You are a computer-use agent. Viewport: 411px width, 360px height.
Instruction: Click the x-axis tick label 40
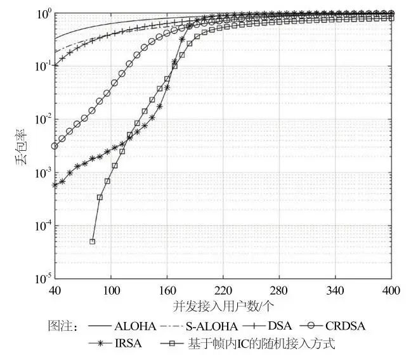55,290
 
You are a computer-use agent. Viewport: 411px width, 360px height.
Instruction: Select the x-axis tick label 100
111,290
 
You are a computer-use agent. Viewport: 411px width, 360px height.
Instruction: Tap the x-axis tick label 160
167,290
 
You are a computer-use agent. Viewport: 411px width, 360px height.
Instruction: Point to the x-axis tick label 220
223,290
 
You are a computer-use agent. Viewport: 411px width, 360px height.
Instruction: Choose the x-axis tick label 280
280,290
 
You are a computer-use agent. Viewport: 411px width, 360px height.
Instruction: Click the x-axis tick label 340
336,290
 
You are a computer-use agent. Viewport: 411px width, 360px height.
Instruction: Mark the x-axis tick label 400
392,290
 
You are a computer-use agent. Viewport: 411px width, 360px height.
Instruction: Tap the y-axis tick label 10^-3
41,173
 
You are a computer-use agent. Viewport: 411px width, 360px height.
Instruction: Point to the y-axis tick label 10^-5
41,279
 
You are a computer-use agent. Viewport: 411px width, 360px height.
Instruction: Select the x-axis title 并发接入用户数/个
223,306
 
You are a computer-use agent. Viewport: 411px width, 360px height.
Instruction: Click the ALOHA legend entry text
135,327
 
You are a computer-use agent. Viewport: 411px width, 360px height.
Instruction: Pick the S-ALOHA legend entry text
215,327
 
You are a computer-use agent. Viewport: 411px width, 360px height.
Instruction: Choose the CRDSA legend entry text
346,327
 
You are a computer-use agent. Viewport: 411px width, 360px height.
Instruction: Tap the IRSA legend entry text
129,344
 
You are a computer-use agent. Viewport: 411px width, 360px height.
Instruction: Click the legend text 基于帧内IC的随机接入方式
261,344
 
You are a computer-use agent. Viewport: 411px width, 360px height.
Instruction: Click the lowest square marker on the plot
93,241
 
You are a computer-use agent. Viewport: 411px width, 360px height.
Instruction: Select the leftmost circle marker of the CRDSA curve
55,146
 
